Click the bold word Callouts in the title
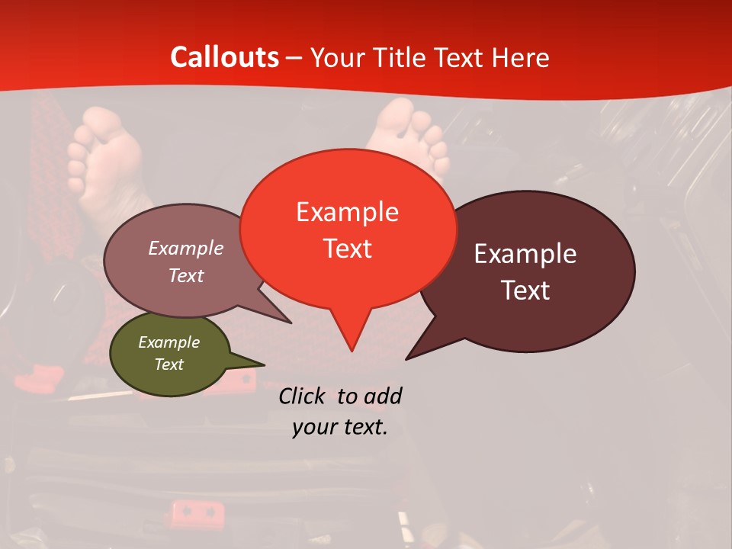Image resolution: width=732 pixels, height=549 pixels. point(224,57)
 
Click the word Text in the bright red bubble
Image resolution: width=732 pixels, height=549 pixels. point(347,249)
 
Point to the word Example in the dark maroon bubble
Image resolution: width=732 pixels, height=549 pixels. point(525,254)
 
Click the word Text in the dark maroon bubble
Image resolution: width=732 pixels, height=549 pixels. point(525,291)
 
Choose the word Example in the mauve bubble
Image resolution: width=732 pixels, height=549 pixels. point(186,248)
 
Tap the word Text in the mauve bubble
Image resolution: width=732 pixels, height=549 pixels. point(186,275)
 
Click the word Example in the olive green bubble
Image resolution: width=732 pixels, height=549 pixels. point(169,342)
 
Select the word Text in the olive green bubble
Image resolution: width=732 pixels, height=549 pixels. point(169,364)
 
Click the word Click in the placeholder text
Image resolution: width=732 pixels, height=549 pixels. point(301,396)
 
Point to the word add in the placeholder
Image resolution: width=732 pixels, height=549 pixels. point(383,396)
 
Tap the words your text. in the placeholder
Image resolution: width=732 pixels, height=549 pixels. point(339,427)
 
